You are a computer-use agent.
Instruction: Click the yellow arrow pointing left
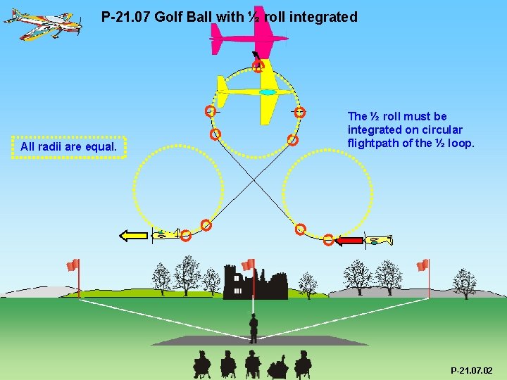pyautogui.click(x=134, y=236)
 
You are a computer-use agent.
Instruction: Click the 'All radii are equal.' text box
pyautogui.click(x=69, y=147)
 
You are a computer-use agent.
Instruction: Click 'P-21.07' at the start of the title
pyautogui.click(x=125, y=17)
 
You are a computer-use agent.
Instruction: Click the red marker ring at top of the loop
pyautogui.click(x=258, y=67)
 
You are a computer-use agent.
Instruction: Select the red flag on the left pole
pyautogui.click(x=73, y=265)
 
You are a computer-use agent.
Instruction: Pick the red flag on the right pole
pyautogui.click(x=423, y=265)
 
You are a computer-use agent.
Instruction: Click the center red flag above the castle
pyautogui.click(x=248, y=265)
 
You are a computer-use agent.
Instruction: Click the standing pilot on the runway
pyautogui.click(x=253, y=327)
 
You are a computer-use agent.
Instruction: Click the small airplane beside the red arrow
pyautogui.click(x=380, y=241)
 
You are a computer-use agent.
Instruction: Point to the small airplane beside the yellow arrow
pyautogui.click(x=165, y=235)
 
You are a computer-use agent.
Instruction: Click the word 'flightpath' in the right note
pyautogui.click(x=373, y=144)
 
